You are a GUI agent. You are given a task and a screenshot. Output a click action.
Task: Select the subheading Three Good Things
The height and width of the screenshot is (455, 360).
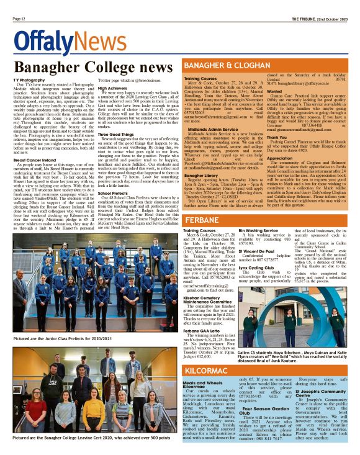(x=115, y=134)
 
